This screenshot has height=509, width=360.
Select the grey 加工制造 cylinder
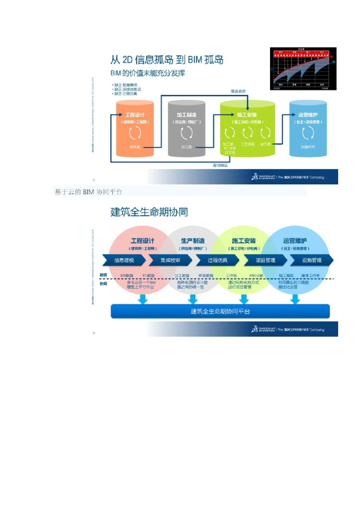click(x=187, y=128)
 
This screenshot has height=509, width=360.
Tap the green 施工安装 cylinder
click(x=247, y=128)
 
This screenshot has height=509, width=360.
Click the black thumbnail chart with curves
click(x=303, y=69)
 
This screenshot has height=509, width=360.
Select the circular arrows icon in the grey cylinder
click(x=187, y=133)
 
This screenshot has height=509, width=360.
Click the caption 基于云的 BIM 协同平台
click(x=88, y=192)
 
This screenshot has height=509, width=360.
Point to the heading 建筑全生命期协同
click(x=149, y=212)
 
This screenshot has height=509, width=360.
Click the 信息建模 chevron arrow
click(x=124, y=260)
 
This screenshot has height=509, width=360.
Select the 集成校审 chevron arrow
click(x=171, y=260)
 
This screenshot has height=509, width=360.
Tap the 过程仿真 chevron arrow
click(x=218, y=260)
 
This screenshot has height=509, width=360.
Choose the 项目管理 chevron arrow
click(x=265, y=260)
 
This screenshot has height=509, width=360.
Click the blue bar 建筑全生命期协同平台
click(x=220, y=312)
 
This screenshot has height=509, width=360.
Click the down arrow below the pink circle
click(x=143, y=299)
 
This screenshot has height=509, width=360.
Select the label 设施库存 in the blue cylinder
click(x=308, y=147)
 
